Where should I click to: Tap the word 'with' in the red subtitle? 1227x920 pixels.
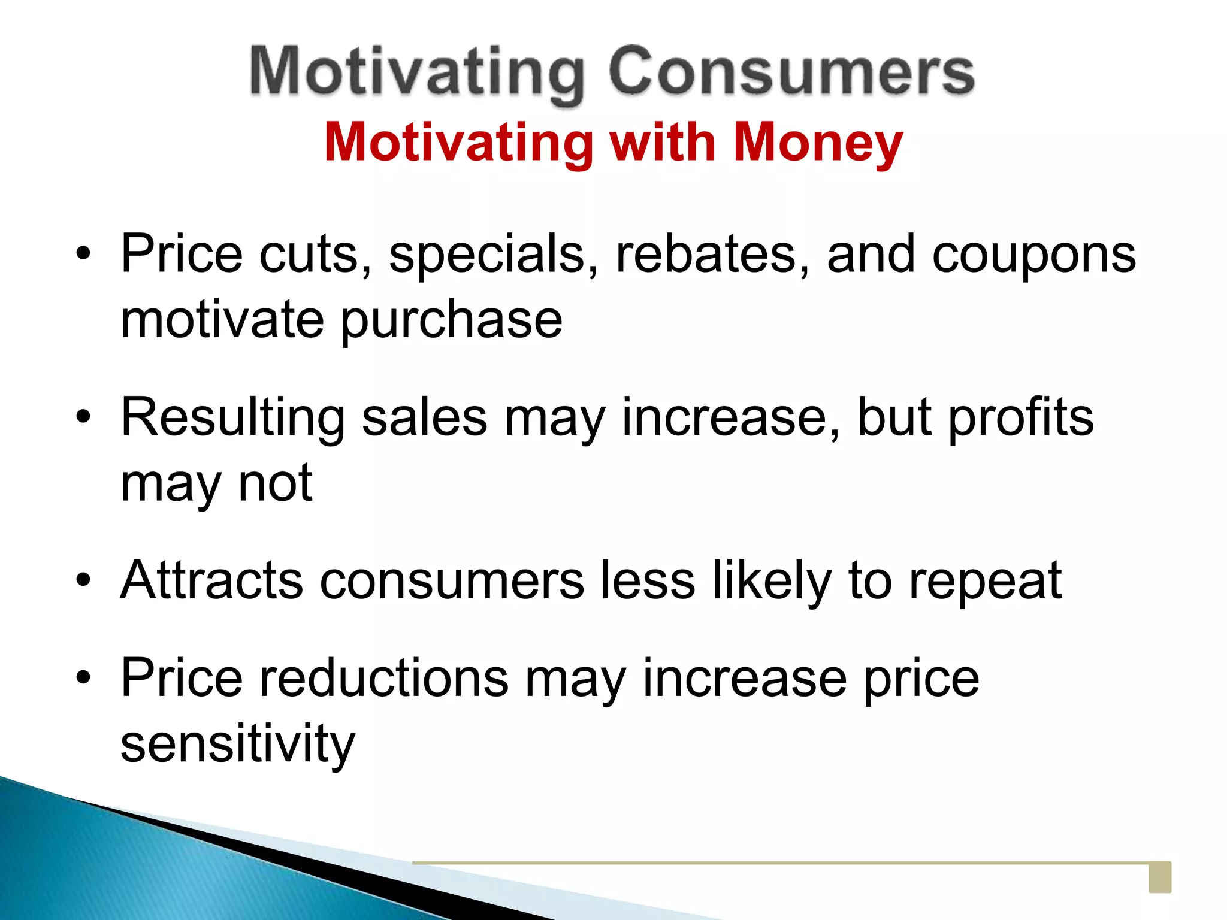(x=662, y=143)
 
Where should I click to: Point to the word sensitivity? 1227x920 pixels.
(x=237, y=744)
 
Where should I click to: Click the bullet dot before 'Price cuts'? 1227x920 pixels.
(x=83, y=254)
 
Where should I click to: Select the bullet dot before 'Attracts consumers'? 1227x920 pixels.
(x=83, y=580)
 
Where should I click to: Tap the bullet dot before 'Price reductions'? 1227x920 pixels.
(x=83, y=678)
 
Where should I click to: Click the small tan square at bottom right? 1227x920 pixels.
(x=1159, y=877)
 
